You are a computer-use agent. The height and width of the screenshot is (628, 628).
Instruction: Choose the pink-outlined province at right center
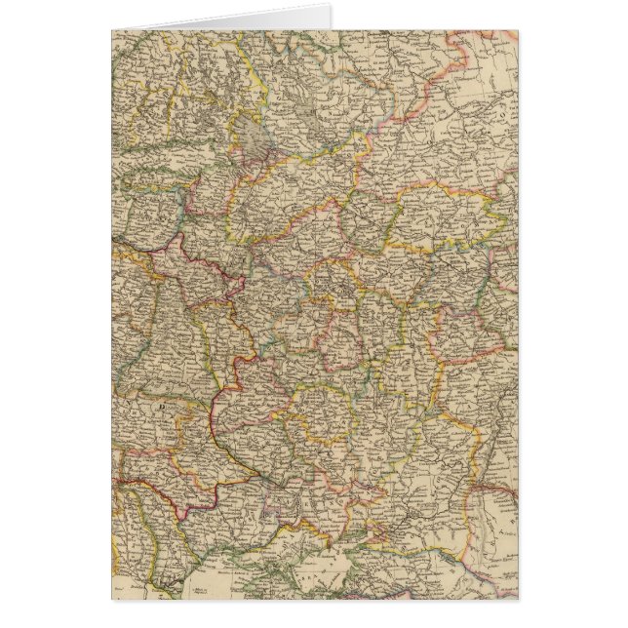468,336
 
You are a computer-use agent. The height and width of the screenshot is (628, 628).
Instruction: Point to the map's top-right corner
518,30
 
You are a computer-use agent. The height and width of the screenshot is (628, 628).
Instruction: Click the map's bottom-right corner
518,598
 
